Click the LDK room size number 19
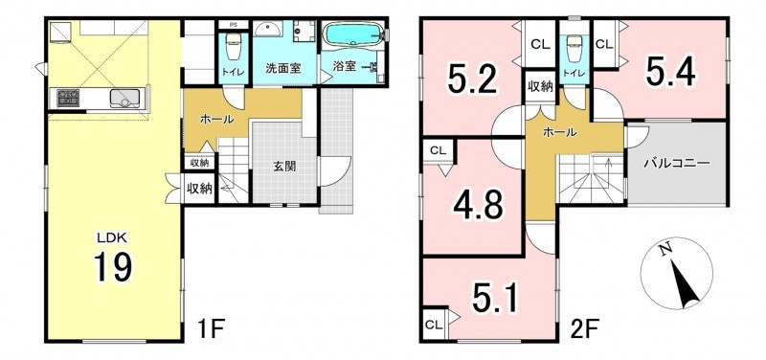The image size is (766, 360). (113, 268)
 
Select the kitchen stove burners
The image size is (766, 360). (68, 98)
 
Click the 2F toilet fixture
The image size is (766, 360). (574, 49)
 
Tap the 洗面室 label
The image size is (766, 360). (282, 68)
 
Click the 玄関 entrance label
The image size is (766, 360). (283, 166)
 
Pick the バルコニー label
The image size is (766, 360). (676, 164)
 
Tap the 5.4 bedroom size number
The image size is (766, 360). (670, 72)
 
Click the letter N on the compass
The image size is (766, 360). (663, 251)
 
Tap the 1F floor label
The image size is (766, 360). (212, 327)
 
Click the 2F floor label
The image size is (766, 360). (584, 327)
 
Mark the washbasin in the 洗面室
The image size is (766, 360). (267, 30)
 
